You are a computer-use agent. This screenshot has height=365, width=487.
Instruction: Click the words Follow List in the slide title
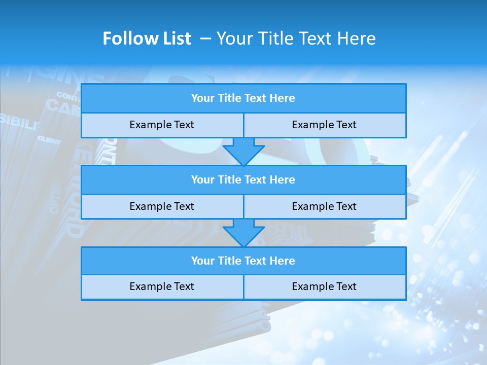(x=147, y=39)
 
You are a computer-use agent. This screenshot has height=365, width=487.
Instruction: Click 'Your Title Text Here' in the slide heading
(x=296, y=39)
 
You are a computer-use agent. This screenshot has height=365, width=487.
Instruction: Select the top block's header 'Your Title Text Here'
(x=243, y=98)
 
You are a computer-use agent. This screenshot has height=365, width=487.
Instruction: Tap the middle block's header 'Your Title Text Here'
(x=243, y=179)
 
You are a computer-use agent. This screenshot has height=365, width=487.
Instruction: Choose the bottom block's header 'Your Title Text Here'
(x=243, y=261)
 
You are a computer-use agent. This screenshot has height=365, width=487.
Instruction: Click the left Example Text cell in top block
(x=162, y=125)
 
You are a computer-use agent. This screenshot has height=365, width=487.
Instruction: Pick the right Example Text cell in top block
(x=324, y=125)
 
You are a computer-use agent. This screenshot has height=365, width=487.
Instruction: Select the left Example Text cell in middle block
(x=162, y=206)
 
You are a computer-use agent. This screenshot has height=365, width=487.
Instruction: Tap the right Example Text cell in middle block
(x=324, y=206)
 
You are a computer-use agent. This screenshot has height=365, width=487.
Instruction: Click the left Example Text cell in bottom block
(x=162, y=286)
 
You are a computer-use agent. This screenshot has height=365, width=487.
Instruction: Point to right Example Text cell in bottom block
(x=324, y=286)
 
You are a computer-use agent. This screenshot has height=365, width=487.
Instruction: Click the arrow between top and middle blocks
(x=243, y=151)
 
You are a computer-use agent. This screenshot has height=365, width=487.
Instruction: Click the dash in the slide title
(x=205, y=39)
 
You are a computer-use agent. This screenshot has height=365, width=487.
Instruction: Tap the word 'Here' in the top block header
(x=283, y=98)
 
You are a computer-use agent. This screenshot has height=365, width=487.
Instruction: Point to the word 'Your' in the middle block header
(x=203, y=179)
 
